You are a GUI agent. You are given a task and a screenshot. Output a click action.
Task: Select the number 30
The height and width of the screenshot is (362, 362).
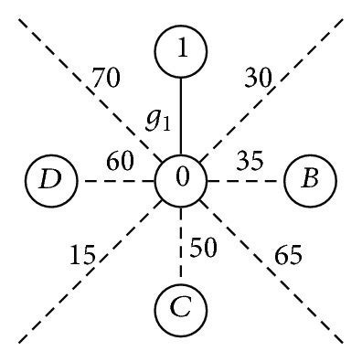point(259,80)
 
